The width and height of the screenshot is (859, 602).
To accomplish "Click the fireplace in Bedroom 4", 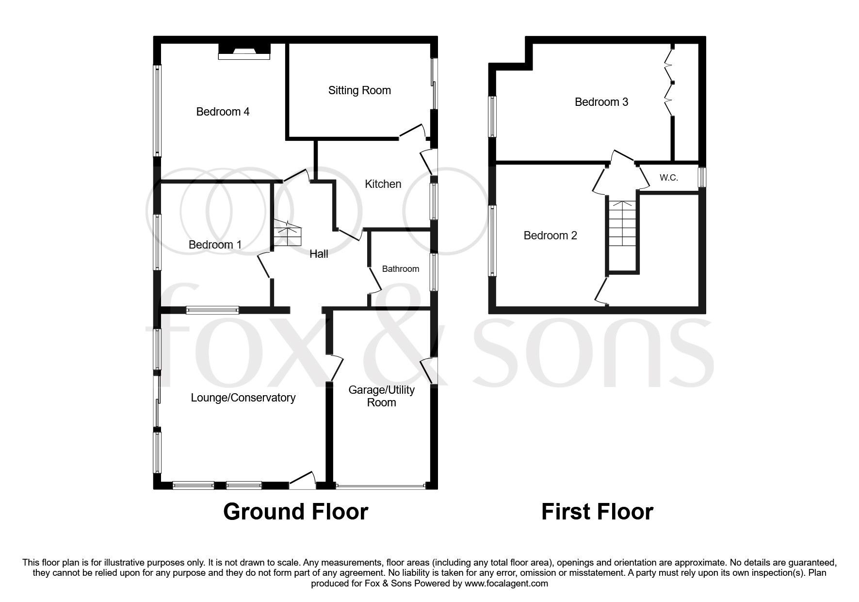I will pos(244,51).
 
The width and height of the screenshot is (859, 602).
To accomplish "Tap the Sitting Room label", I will pos(359,90).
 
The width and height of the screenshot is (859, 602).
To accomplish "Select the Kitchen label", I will pos(383,184).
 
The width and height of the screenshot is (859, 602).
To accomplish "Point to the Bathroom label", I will pos(400,269).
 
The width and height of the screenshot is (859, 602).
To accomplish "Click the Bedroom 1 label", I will pos(215,245).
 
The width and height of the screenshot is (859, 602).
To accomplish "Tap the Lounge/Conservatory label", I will pos(243,398).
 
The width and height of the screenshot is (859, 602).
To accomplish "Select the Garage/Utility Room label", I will pos(382,396).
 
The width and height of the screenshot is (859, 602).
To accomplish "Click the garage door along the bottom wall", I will pos(381,485).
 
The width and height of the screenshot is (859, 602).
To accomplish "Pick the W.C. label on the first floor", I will pos(668,178).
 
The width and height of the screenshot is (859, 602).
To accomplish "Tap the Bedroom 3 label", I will pos(601,102).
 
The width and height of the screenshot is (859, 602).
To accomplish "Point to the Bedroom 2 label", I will pos(550,235).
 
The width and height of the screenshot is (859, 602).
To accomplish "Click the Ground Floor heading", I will pos(295,512).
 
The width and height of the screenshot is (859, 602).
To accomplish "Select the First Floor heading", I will pos(597,512).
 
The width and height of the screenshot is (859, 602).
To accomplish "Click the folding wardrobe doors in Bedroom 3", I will pos(669,80).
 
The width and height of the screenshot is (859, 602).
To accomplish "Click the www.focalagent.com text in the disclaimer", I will pos(506,584).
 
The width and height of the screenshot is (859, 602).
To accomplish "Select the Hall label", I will pos(319,254).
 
